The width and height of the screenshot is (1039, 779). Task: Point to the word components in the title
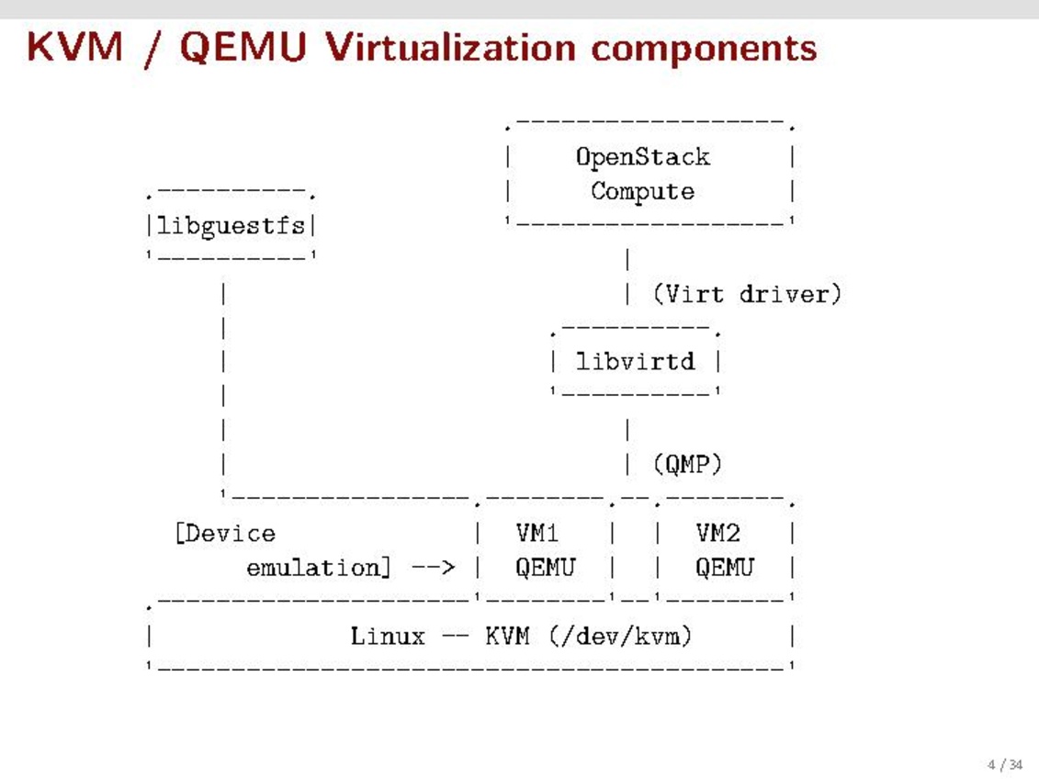[704, 47]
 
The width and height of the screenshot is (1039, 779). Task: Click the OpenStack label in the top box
[642, 157]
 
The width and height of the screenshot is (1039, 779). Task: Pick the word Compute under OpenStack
[642, 192]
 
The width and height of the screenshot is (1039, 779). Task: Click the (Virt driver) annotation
[747, 294]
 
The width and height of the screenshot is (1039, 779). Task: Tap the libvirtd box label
[635, 361]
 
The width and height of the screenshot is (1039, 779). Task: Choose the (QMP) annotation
[687, 464]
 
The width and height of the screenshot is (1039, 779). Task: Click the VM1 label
[537, 533]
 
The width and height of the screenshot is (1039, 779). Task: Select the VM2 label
[717, 533]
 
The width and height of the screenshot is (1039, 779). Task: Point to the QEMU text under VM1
[545, 568]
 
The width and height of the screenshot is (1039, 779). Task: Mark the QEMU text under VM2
[724, 568]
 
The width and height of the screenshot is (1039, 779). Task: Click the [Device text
[224, 534]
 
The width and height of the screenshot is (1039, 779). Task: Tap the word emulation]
[313, 568]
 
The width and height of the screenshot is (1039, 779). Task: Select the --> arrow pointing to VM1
[433, 568]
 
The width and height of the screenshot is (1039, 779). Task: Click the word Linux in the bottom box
[388, 636]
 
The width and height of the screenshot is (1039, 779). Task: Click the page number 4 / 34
[1004, 764]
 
